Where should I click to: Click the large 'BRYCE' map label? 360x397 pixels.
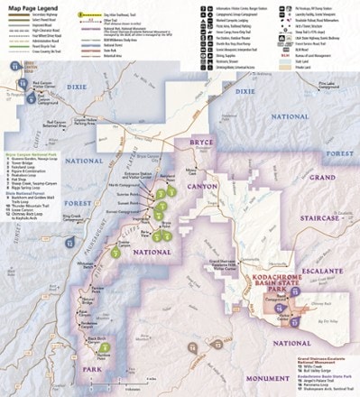(x=198, y=143)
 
